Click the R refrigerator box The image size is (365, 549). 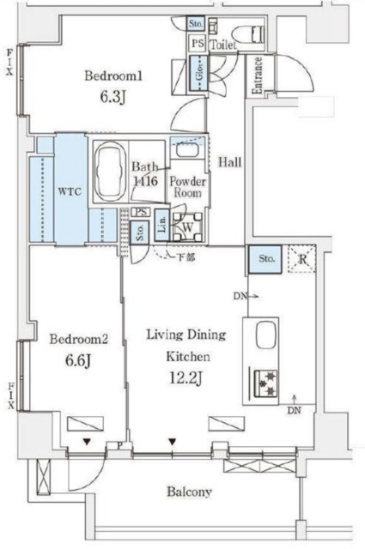coord(301,258)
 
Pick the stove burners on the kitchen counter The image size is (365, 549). coord(262,382)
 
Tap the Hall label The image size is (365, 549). coord(228,161)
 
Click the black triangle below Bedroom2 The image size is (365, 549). coord(87,443)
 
